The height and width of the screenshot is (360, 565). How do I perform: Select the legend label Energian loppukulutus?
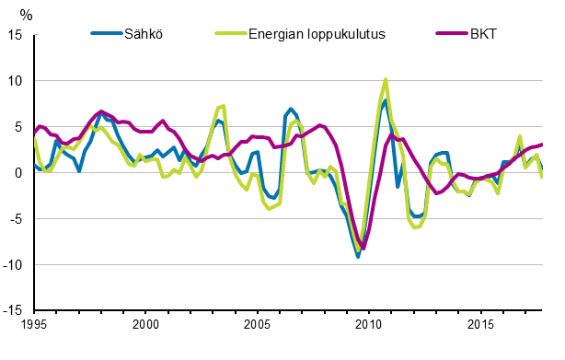point(316,34)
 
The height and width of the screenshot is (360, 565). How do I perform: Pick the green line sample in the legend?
point(227,34)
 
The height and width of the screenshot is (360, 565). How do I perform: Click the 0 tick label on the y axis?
point(19,173)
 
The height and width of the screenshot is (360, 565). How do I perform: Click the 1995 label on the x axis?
point(33,325)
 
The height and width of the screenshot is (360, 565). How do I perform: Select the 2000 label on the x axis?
point(145,325)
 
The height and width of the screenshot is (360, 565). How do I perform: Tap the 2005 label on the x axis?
point(257,325)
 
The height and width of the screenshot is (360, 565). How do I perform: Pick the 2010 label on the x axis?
point(368,325)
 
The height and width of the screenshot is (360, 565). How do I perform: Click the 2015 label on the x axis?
point(479,325)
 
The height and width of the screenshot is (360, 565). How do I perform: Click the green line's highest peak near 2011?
point(386,79)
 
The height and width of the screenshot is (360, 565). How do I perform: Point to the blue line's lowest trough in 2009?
point(358,256)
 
